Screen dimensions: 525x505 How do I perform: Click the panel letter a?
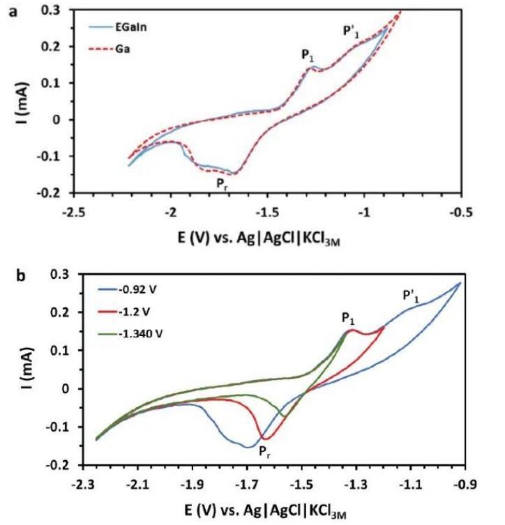point(12,12)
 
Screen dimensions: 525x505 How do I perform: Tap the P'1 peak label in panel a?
point(351,31)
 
